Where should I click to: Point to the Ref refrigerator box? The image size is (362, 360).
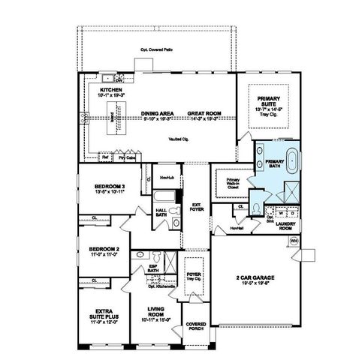(x=106, y=157)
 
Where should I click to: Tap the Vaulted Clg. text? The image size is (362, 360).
(x=178, y=139)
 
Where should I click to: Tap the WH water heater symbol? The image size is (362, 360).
(x=294, y=240)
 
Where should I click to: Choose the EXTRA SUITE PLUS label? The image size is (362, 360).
(x=104, y=312)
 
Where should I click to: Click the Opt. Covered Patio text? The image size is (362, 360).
(x=155, y=50)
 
